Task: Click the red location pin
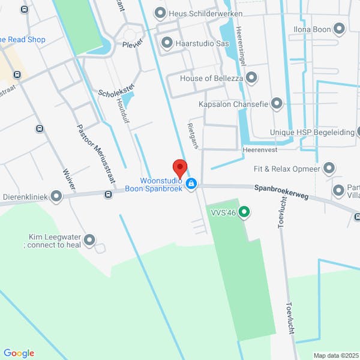point(179,167)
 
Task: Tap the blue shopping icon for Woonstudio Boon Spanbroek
point(191,183)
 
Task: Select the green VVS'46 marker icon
point(244,212)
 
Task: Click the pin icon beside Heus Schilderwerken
point(160,13)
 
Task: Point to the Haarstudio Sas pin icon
point(166,43)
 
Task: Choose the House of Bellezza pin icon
point(251,78)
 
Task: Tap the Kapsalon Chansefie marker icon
point(276,104)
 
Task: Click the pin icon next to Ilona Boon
point(339,28)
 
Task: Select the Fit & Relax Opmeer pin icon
point(329,168)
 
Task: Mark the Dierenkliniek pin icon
point(56,196)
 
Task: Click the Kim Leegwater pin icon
point(89,241)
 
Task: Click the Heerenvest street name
point(259,149)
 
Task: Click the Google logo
point(19,353)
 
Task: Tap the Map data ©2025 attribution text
point(335,355)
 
